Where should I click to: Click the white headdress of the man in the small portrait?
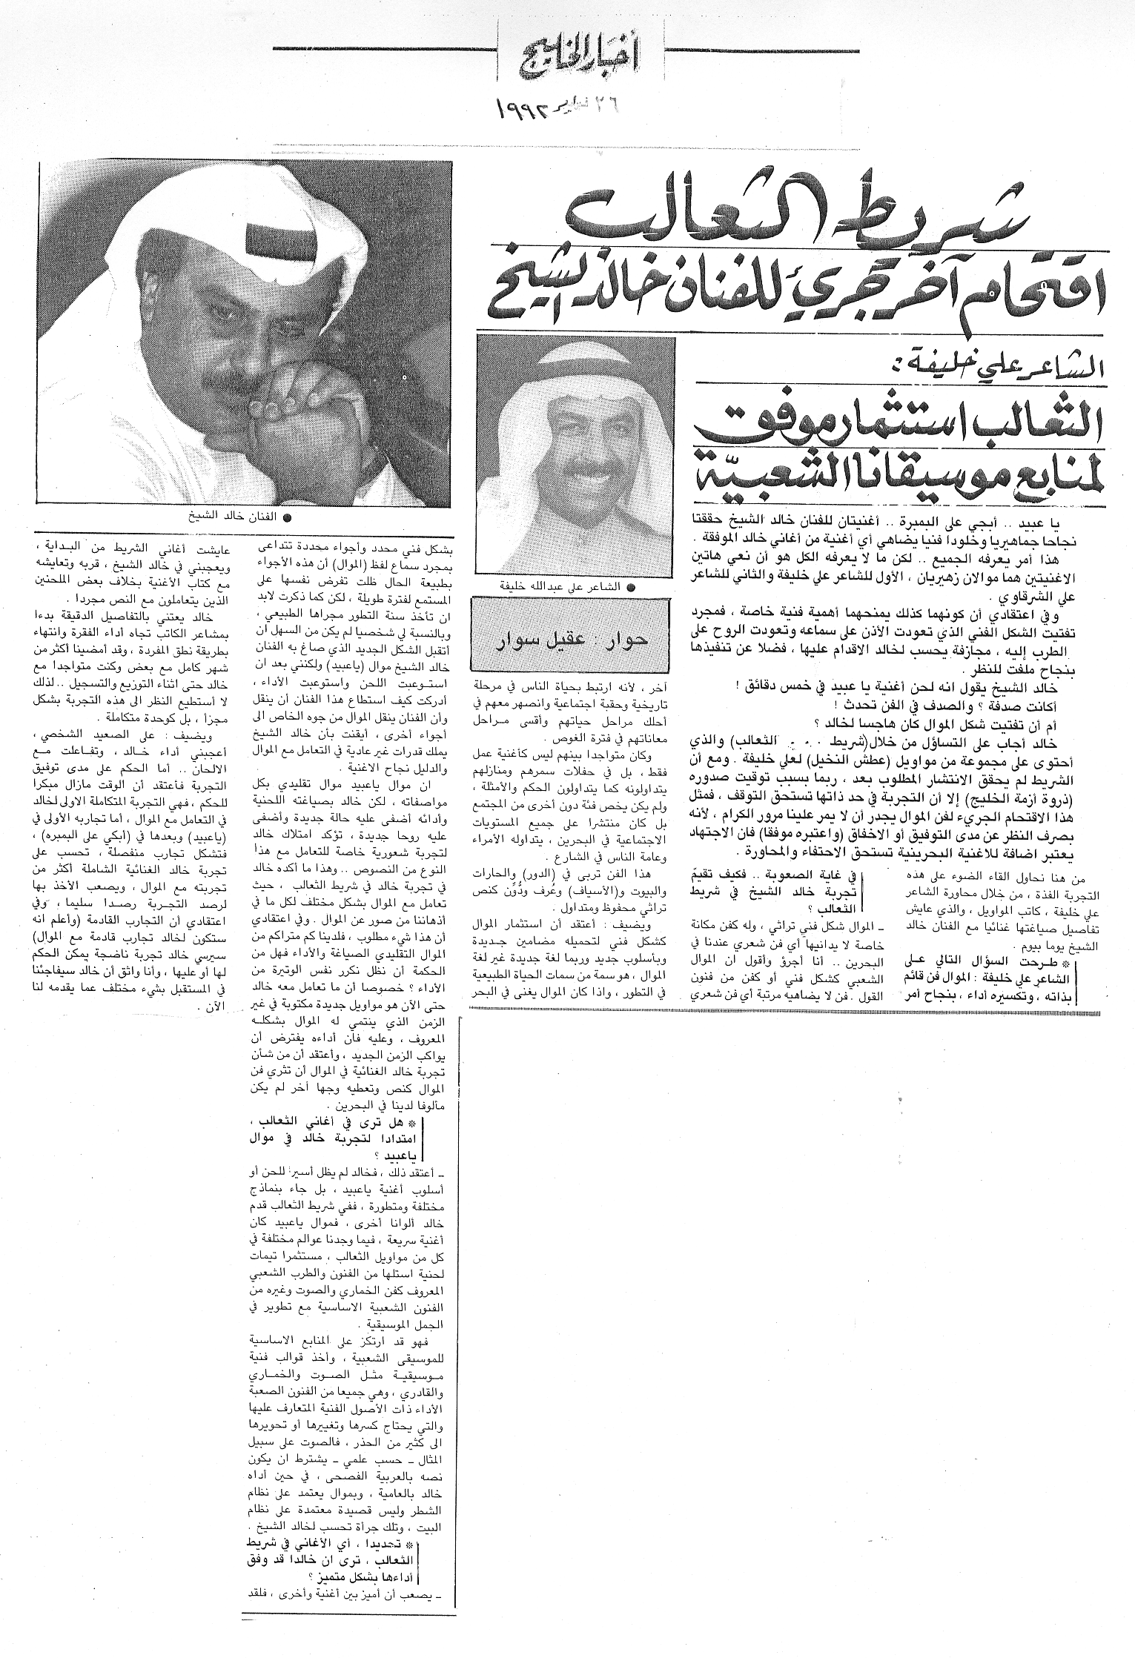pos(575,371)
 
